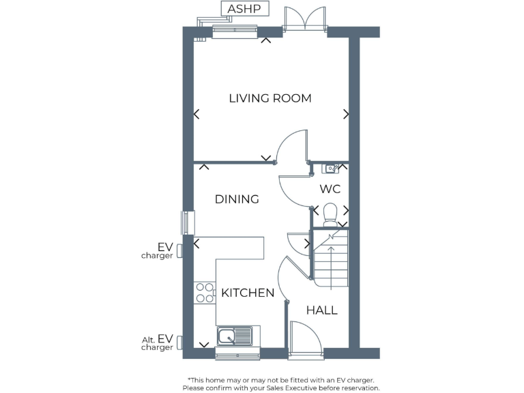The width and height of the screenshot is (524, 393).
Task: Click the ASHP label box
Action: (244, 9)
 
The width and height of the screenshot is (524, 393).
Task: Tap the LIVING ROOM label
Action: (270, 98)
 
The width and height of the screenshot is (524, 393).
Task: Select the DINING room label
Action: (237, 199)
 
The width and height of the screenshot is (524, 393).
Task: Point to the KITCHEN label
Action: (248, 293)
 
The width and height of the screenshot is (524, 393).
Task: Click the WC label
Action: (330, 189)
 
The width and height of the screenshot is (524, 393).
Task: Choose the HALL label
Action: (321, 310)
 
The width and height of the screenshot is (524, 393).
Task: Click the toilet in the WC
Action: (330, 213)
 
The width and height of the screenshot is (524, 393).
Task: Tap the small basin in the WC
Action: (331, 167)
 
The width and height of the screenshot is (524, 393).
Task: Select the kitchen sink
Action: (234, 335)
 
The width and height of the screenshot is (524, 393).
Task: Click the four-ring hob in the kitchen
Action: (205, 293)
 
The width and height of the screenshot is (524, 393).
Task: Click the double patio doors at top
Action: (304, 19)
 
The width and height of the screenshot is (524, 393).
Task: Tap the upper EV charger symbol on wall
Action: (179, 250)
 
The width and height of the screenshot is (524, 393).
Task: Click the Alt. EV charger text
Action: (157, 343)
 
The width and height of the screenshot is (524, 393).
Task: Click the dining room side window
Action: (184, 222)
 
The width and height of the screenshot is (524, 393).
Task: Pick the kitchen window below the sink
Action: (237, 353)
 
